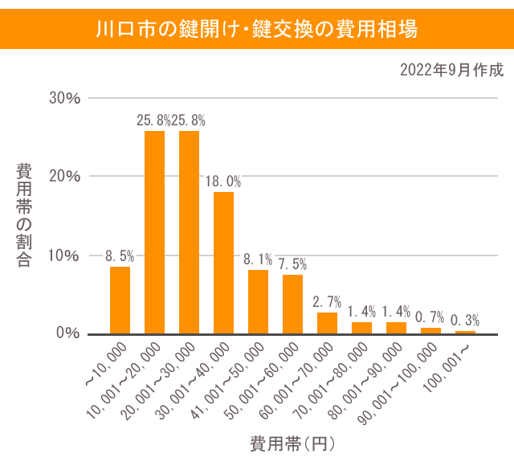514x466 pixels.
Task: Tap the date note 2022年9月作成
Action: coord(451,70)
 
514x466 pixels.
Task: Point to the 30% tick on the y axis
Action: coord(65,98)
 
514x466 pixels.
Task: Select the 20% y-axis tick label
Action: coord(65,177)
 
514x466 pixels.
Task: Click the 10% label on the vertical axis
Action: coord(65,255)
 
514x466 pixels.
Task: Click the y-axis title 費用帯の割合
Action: coord(24,215)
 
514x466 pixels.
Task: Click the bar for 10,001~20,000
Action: coord(154,232)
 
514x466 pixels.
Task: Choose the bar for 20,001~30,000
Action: coord(189,232)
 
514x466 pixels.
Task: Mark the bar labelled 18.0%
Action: coord(223,263)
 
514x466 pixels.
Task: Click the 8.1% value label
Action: coord(258,260)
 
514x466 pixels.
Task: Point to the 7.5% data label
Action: coord(292,264)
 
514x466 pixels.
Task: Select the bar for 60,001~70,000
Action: coord(327,323)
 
